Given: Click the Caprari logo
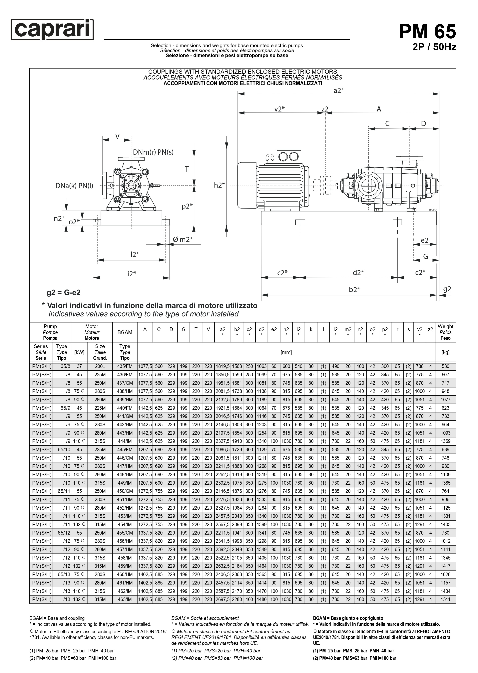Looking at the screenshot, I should click(x=52, y=30).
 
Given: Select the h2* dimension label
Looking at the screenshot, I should click(x=219, y=185).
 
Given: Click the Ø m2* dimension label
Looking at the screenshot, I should click(x=183, y=240).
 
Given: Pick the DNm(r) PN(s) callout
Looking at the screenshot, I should click(x=153, y=152).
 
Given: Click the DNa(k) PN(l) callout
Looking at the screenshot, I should click(x=74, y=186).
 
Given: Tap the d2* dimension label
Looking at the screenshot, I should click(x=358, y=273).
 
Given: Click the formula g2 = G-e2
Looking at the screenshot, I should click(x=64, y=293).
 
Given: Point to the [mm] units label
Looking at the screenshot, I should click(x=286, y=352).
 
